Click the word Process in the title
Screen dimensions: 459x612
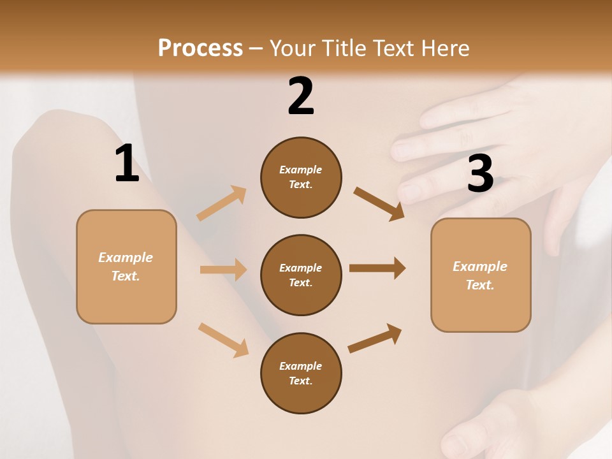click(x=200, y=48)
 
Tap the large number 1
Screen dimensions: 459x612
click(x=127, y=163)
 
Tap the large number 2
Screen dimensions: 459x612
click(x=301, y=96)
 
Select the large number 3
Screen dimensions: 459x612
click(x=480, y=173)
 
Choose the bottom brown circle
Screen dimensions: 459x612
click(x=301, y=395)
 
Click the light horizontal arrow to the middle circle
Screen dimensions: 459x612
click(x=223, y=270)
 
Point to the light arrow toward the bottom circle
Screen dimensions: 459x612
click(x=223, y=340)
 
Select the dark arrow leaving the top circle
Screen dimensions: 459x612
click(x=379, y=204)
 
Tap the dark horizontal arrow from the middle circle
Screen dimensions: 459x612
click(x=377, y=268)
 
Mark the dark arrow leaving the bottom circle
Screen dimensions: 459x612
click(x=375, y=339)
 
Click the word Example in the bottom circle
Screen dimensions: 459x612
click(x=301, y=366)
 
